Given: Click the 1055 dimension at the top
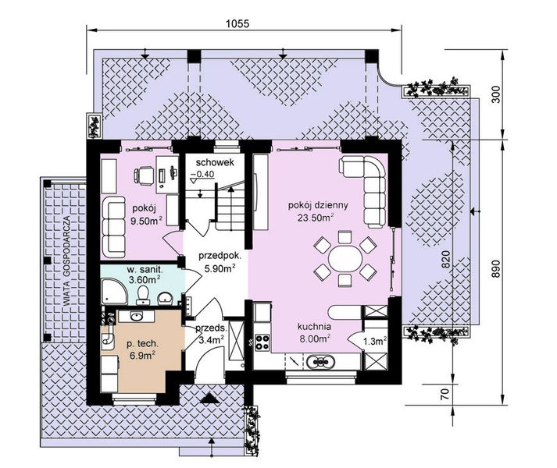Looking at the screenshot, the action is pyautogui.click(x=237, y=23).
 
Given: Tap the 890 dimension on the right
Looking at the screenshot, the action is pyautogui.click(x=497, y=268).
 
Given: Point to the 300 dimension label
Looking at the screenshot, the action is pyautogui.click(x=497, y=94).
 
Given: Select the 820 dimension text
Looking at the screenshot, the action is pyautogui.click(x=446, y=260).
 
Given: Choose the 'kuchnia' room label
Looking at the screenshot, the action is pyautogui.click(x=314, y=326).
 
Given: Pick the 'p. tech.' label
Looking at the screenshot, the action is pyautogui.click(x=142, y=343).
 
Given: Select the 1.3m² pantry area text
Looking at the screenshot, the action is pyautogui.click(x=375, y=341).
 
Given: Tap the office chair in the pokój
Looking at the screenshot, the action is pyautogui.click(x=144, y=175).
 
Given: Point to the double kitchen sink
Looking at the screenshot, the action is pyautogui.click(x=321, y=362).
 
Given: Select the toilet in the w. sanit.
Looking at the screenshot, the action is pyautogui.click(x=143, y=295).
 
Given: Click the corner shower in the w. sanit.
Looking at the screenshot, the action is pyautogui.click(x=114, y=292).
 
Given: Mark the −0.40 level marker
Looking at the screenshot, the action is pyautogui.click(x=202, y=174).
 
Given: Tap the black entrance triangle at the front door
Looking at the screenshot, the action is pyautogui.click(x=209, y=399).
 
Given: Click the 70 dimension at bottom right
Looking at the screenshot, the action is pyautogui.click(x=446, y=394).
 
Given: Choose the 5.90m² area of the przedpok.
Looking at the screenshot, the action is pyautogui.click(x=220, y=268).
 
